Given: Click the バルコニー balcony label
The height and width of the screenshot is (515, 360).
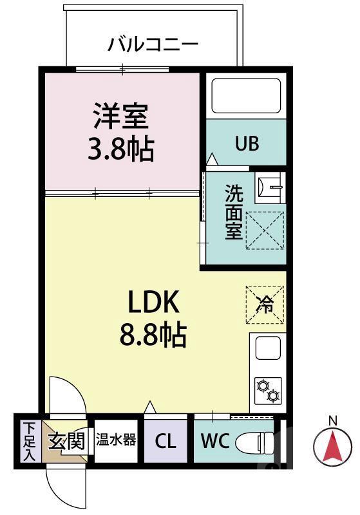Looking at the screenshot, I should (x=153, y=44).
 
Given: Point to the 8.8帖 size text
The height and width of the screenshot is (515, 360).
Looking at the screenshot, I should (x=153, y=334).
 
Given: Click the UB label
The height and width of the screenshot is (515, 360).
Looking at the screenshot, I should (x=246, y=144).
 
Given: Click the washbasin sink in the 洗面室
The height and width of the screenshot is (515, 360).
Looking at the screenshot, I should (x=269, y=187).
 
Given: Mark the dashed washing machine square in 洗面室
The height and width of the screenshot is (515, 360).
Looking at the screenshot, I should (x=265, y=230).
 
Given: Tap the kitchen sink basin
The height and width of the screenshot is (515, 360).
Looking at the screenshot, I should (x=267, y=348).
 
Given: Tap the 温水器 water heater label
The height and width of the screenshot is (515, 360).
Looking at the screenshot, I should (x=116, y=440).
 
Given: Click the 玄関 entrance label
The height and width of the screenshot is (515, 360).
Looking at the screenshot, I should (x=66, y=441).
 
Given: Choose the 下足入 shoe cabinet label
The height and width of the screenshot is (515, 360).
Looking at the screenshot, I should (x=29, y=442).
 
